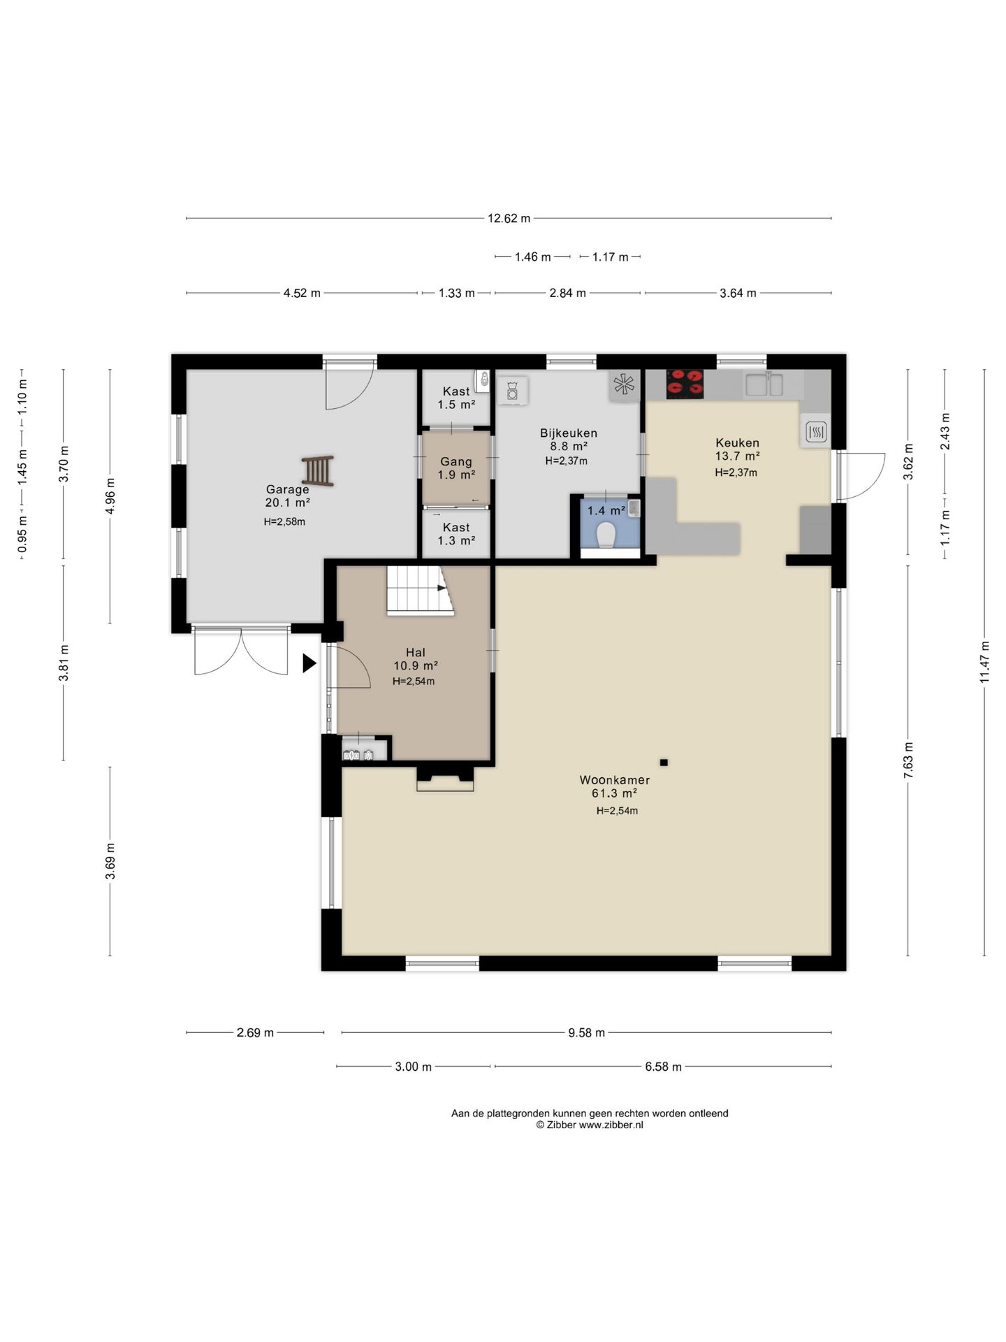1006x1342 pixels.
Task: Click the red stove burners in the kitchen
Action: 684,384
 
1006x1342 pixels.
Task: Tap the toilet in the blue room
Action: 606,535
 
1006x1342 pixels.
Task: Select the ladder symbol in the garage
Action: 318,470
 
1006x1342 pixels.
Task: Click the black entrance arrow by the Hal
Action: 309,663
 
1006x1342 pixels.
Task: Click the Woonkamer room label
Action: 615,780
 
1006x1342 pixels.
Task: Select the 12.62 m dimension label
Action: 509,218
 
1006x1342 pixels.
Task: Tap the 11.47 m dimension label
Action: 984,662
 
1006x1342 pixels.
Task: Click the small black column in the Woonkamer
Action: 664,762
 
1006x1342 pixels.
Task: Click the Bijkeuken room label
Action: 569,433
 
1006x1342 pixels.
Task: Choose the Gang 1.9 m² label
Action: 456,468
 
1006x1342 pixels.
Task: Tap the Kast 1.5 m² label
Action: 456,398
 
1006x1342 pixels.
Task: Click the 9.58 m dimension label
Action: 586,1032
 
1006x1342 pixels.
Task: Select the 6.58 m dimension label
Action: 663,1067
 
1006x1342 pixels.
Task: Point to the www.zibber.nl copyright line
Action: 590,1125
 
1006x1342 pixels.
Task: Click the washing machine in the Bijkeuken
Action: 512,390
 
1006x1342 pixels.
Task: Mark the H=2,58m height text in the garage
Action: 284,521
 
